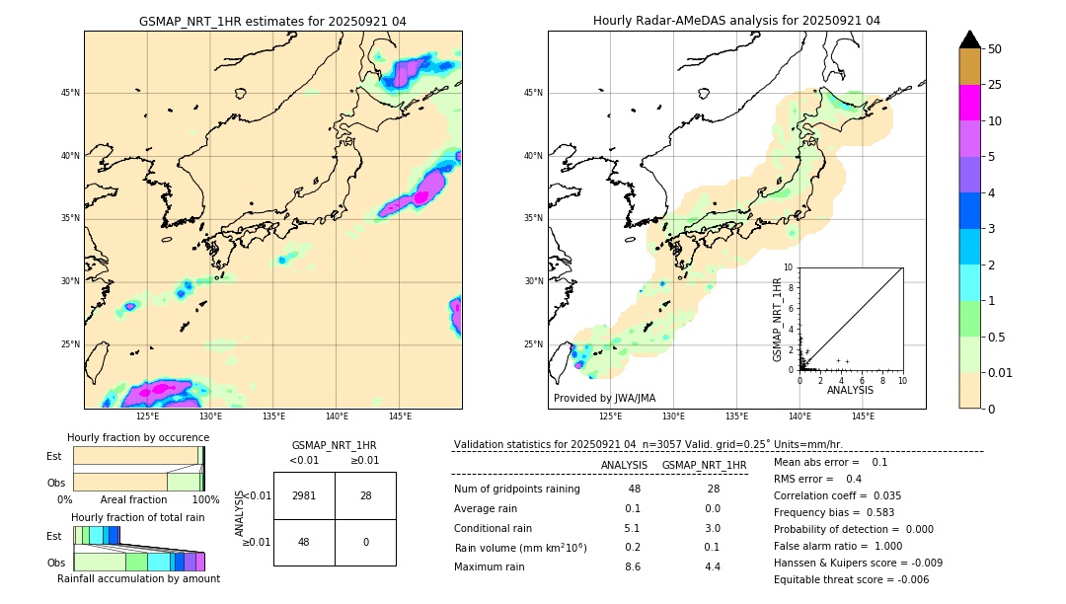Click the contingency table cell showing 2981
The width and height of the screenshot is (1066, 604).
tap(304, 495)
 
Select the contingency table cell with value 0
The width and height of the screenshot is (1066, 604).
tap(365, 542)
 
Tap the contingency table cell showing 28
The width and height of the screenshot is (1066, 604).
tap(365, 495)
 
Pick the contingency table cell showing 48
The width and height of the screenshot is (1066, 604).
tap(304, 542)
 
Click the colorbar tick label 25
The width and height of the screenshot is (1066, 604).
tap(995, 85)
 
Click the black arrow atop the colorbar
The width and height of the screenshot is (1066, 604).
tap(970, 39)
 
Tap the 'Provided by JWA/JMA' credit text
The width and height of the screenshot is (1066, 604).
tap(604, 399)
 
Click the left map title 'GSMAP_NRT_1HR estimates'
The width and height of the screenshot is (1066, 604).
tap(272, 21)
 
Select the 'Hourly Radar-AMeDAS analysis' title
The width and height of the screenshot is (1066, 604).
tap(736, 21)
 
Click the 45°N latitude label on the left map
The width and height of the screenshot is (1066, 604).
tap(70, 93)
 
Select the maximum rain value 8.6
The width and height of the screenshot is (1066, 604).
tap(633, 566)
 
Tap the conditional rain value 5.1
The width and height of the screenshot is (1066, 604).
tap(633, 528)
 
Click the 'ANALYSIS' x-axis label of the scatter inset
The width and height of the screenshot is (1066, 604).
tap(850, 390)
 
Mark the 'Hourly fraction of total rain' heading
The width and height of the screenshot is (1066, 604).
tap(138, 517)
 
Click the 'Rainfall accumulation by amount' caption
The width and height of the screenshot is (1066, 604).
tap(139, 578)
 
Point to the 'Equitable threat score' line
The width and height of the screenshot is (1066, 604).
tap(851, 579)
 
